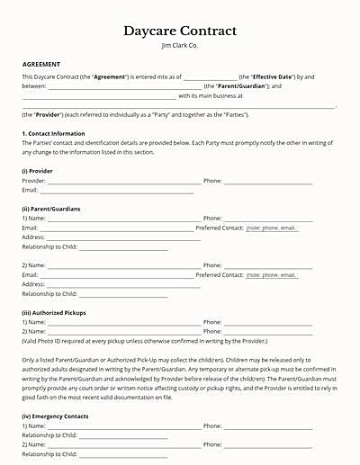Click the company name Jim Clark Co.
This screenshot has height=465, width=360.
click(x=179, y=45)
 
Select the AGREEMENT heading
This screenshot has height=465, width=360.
click(x=41, y=65)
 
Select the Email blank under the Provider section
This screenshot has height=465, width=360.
click(x=117, y=192)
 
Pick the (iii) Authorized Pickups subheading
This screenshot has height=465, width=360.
click(x=53, y=312)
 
